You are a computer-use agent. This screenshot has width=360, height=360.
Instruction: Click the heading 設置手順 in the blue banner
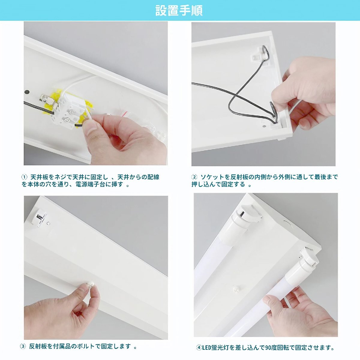tap(179, 10)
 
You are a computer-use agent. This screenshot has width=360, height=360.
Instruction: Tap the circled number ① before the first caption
tap(24, 177)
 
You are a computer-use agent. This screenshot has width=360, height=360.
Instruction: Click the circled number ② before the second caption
tap(194, 177)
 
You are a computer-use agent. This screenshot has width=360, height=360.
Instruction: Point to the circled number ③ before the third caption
tap(23, 341)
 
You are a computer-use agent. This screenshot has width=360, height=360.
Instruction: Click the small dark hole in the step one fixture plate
tap(27, 92)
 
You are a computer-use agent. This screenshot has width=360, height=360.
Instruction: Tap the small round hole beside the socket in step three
tap(49, 223)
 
